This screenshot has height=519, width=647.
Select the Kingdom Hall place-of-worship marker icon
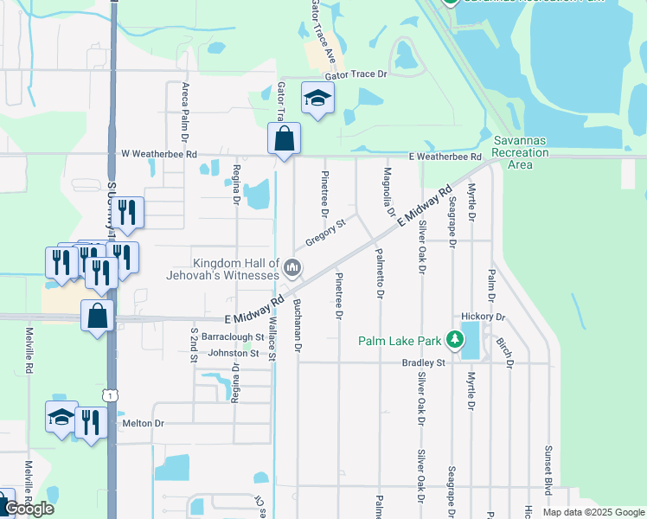tap(292, 269)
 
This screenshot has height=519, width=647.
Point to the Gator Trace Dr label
tap(357, 74)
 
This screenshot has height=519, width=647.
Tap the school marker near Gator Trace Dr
tap(317, 99)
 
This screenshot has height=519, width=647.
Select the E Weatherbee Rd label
tap(445, 157)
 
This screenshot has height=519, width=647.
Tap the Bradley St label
tap(422, 362)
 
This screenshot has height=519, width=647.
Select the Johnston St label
tap(231, 353)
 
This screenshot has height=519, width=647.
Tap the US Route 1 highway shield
tap(110, 394)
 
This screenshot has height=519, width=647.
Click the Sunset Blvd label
tap(548, 471)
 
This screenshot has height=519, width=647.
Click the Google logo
tap(29, 509)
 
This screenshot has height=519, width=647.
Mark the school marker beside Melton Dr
tap(61, 418)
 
